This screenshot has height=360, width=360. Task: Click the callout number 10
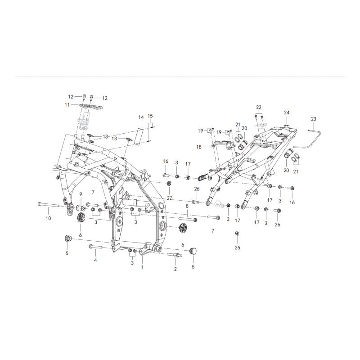(48, 218)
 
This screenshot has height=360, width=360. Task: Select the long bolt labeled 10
(49, 205)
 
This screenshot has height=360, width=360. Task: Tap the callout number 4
(95, 260)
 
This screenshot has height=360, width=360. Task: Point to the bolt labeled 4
(95, 247)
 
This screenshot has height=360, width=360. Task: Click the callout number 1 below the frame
(142, 267)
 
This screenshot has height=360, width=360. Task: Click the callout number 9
(81, 194)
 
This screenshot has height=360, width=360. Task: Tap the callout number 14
(141, 117)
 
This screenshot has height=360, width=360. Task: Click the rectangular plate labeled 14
(140, 137)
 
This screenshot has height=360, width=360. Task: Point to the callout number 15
(150, 116)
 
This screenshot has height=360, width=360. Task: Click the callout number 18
(199, 147)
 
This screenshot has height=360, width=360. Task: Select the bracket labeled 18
(222, 145)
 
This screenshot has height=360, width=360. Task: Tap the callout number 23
(314, 119)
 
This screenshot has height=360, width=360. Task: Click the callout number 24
(287, 112)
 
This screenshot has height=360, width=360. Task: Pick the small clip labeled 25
(237, 234)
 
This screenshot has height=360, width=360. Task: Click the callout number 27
(170, 198)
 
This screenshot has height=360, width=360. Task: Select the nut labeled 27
(169, 184)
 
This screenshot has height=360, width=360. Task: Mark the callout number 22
(259, 108)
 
